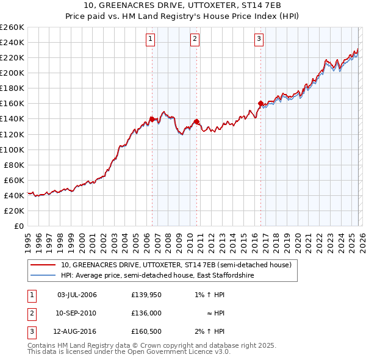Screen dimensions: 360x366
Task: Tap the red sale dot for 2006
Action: point(152,119)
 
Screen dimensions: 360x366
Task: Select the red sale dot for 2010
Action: point(196,122)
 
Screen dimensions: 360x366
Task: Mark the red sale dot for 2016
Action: point(260,104)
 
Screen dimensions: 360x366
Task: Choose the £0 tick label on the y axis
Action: point(19,226)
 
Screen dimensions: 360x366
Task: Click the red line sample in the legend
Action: point(42,265)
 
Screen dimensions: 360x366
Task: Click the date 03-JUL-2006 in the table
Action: point(77,295)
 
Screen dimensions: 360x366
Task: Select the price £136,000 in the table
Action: point(146,313)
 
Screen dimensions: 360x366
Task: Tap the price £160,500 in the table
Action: point(146,331)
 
